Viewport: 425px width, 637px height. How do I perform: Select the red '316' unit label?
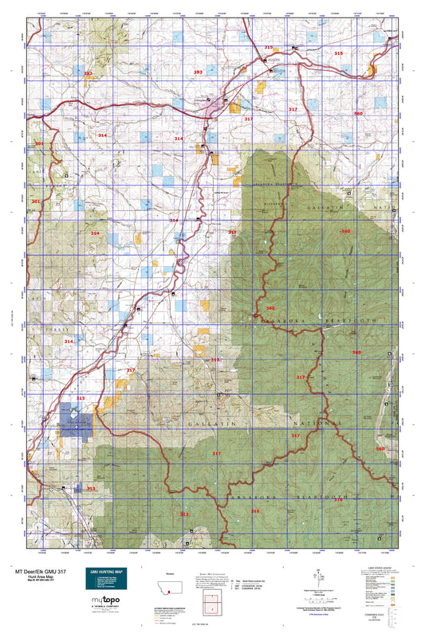(255, 511)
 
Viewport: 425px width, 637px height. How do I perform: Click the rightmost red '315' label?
(338, 53)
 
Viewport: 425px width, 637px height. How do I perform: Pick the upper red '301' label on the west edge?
(37, 144)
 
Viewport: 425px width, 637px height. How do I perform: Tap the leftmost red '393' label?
(88, 73)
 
